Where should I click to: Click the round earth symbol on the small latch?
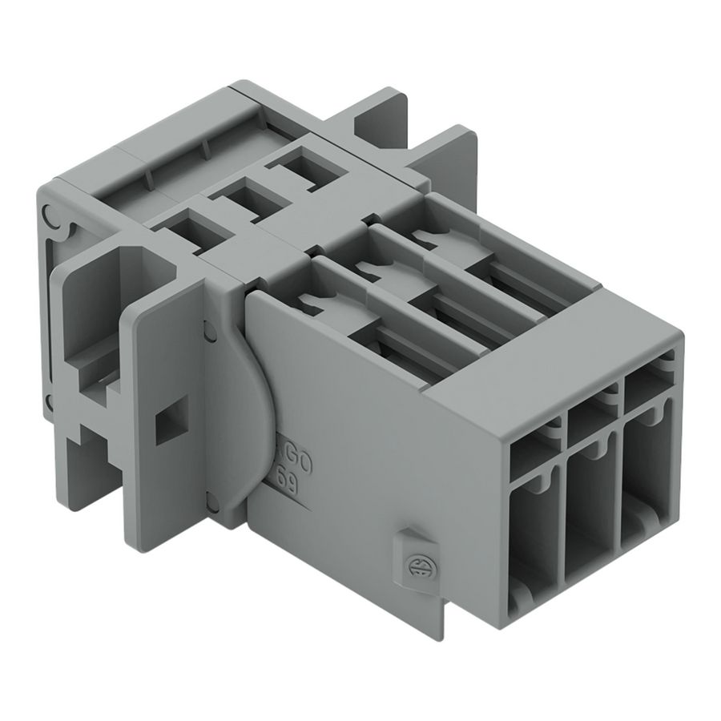[x=417, y=564]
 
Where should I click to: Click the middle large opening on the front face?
[x=590, y=506]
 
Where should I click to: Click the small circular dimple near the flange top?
[x=209, y=328]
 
